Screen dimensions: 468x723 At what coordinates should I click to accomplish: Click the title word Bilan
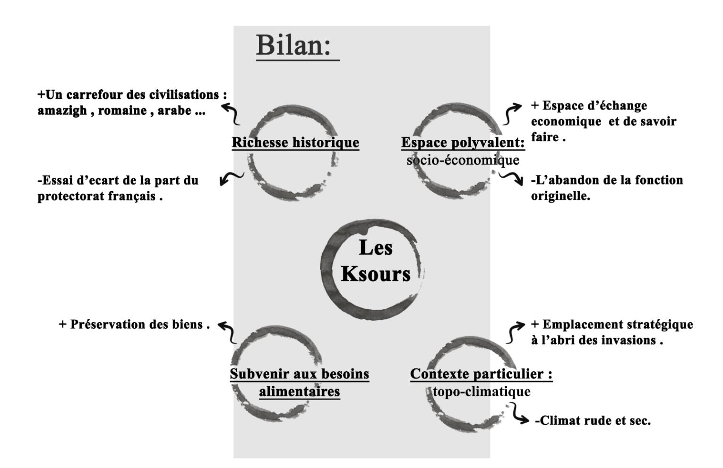coord(293,46)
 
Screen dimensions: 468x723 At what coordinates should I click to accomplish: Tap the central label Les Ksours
coord(376,261)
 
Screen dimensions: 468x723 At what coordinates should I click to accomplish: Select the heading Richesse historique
coord(295,142)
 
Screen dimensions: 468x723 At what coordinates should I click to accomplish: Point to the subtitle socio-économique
coord(463,161)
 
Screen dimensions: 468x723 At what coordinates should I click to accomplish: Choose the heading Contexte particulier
coord(481,374)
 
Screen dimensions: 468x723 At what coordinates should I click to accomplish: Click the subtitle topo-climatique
coord(482,391)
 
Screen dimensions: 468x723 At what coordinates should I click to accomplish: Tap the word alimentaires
coord(300,391)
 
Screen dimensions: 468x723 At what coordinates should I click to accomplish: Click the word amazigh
coord(62,111)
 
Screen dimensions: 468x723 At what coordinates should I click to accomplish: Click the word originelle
coord(560,196)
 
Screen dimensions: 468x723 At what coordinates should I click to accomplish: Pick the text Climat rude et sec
coord(593,420)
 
